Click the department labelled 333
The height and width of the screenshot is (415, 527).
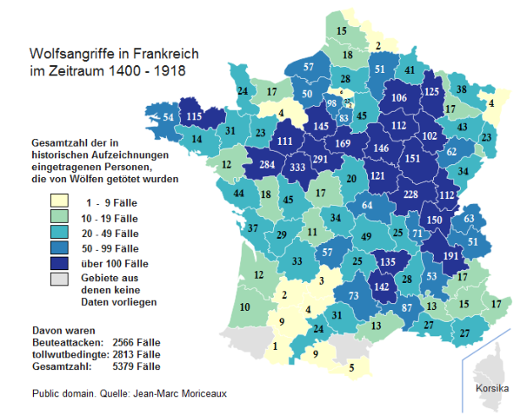tap(297, 169)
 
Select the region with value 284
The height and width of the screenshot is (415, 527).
tap(269, 164)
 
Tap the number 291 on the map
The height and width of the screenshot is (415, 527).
tap(321, 158)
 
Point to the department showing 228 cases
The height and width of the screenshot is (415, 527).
tap(410, 195)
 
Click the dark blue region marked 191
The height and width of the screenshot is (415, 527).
tap(450, 256)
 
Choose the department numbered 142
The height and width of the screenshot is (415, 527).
tap(382, 288)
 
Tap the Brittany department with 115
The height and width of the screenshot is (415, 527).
tap(195, 117)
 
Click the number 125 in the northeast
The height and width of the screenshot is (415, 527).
tap(431, 91)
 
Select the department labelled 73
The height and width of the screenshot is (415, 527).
tap(354, 295)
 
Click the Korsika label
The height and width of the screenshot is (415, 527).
tap(491, 389)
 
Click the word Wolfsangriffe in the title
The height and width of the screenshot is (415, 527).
tap(69, 54)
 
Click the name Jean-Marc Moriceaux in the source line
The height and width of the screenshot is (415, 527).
tap(179, 394)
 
